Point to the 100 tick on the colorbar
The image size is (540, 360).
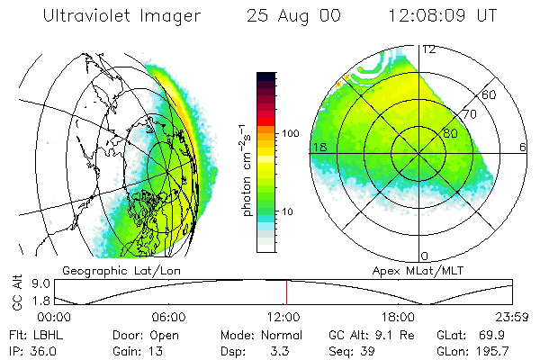290,133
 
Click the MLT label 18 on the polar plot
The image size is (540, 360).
319,146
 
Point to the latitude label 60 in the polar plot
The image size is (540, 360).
490,94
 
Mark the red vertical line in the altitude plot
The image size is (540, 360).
286,292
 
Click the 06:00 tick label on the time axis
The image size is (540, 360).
169,317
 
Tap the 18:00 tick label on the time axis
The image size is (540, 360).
399,317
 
